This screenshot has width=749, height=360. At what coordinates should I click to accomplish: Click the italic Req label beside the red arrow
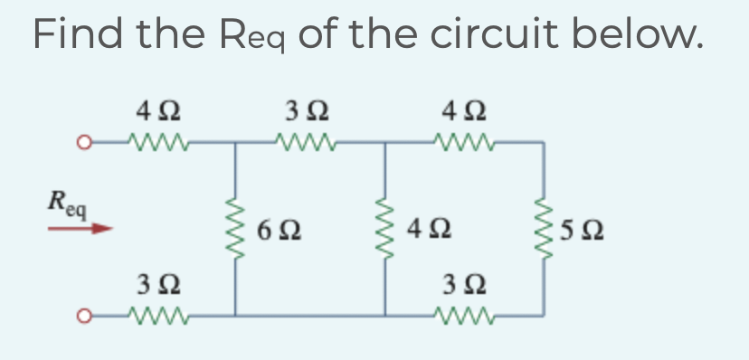tap(68, 204)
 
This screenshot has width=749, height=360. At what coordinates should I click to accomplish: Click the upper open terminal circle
tap(82, 142)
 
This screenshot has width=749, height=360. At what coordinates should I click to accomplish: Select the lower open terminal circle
tap(82, 316)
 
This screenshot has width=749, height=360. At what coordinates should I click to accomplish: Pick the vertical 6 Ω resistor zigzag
tap(237, 230)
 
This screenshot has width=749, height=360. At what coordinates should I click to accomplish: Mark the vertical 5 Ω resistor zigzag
tap(543, 230)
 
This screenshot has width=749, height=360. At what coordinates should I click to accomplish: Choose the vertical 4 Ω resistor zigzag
tap(386, 230)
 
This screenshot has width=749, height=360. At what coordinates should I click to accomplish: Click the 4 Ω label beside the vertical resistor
tap(424, 230)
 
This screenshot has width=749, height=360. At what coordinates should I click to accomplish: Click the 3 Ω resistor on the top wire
tap(308, 141)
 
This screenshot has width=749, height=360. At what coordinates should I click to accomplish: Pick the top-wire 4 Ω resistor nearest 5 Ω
tap(460, 141)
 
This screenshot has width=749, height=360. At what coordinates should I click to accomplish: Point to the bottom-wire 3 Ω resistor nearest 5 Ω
tap(460, 315)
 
